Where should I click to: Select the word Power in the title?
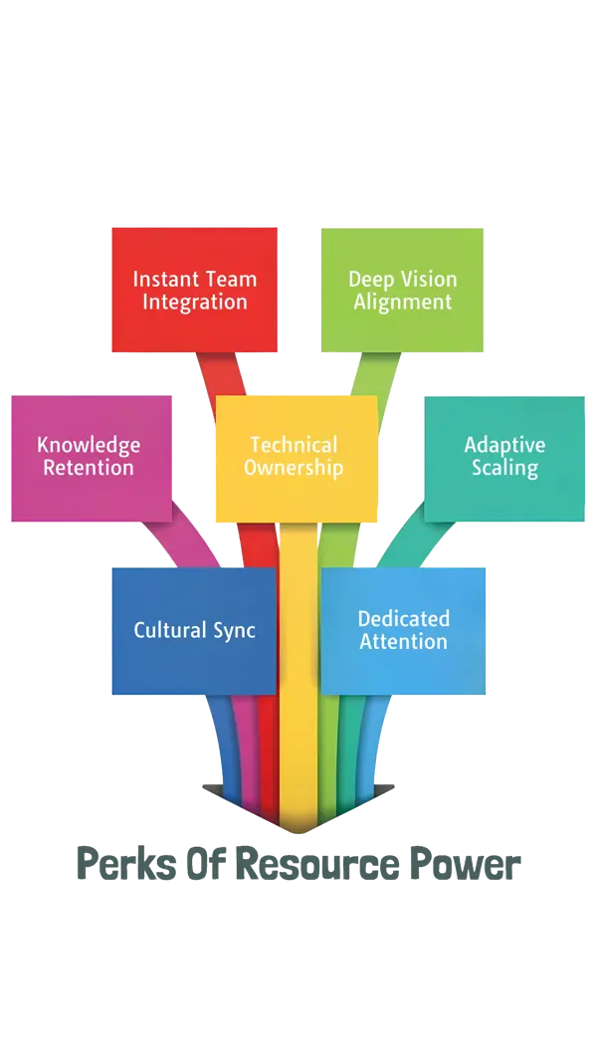click(468, 863)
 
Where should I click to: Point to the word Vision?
click(430, 280)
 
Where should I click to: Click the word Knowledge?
click(89, 445)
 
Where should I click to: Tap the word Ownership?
click(294, 468)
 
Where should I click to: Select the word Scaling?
click(504, 468)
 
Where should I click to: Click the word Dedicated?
click(403, 619)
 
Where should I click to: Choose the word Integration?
click(194, 302)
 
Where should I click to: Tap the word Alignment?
click(402, 302)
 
